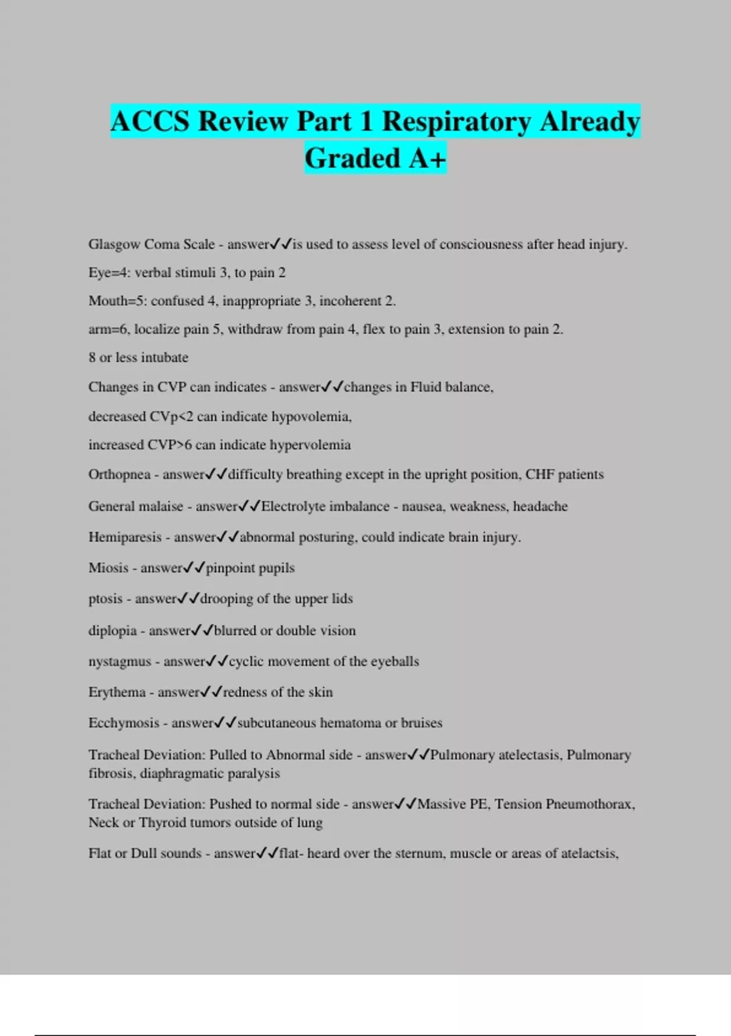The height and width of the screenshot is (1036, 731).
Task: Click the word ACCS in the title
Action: (x=150, y=121)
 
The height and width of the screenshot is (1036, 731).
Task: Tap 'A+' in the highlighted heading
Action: (x=428, y=158)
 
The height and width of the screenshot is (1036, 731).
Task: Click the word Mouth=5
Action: (x=115, y=301)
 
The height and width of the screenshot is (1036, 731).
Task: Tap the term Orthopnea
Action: (x=119, y=475)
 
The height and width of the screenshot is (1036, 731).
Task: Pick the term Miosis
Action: (x=108, y=568)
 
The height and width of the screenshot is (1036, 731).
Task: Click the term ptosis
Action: (x=105, y=599)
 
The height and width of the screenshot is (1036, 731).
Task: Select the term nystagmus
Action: (x=119, y=662)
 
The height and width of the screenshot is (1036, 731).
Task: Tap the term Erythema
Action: (x=117, y=692)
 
